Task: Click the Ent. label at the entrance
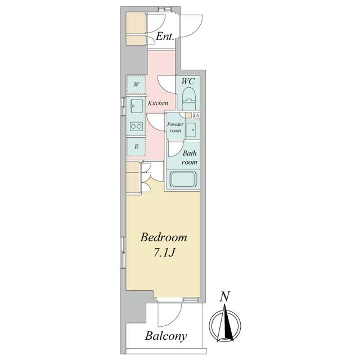click(x=165, y=36)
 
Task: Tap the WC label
click(x=188, y=81)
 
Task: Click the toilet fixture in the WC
click(x=189, y=98)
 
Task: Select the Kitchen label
click(x=158, y=103)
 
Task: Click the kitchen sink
click(x=137, y=106)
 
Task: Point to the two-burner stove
click(x=136, y=126)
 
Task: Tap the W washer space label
click(x=136, y=84)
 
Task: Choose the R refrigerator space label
click(x=136, y=146)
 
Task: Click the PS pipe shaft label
click(x=196, y=115)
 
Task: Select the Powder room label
click(x=175, y=128)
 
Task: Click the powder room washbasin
click(x=191, y=130)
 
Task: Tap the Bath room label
click(x=190, y=157)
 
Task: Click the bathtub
click(x=183, y=179)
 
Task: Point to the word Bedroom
click(x=164, y=237)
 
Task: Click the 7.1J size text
click(x=164, y=253)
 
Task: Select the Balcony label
click(x=166, y=336)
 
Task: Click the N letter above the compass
click(x=224, y=296)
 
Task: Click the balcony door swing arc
click(x=174, y=319)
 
